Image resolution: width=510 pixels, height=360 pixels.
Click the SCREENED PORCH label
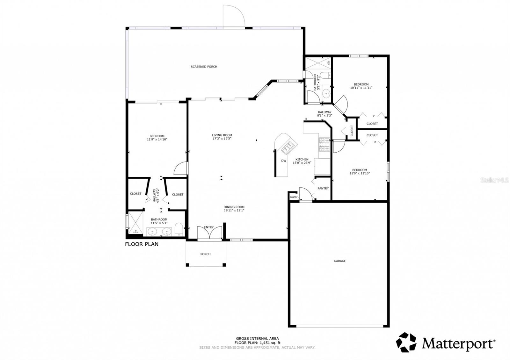(204, 67)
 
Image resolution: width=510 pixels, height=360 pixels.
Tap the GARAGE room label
(339, 261)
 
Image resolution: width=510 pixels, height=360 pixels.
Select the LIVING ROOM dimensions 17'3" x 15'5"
(222, 139)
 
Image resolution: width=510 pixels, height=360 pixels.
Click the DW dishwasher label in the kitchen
(284, 161)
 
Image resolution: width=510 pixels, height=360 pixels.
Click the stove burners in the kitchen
(324, 144)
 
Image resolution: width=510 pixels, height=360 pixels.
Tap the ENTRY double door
(209, 233)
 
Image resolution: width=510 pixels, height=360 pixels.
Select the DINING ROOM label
(234, 207)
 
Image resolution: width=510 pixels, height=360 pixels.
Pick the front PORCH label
(206, 254)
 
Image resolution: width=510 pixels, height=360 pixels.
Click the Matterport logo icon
(406, 342)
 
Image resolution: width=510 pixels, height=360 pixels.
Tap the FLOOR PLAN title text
(142, 244)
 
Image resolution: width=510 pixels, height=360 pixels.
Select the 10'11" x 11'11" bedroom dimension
(361, 88)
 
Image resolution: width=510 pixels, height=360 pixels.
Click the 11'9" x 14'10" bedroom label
(157, 138)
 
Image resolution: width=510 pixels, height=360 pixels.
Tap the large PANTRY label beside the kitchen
(323, 188)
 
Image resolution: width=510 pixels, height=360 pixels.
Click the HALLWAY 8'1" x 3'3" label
(324, 114)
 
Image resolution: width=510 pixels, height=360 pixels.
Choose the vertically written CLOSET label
(352, 131)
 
